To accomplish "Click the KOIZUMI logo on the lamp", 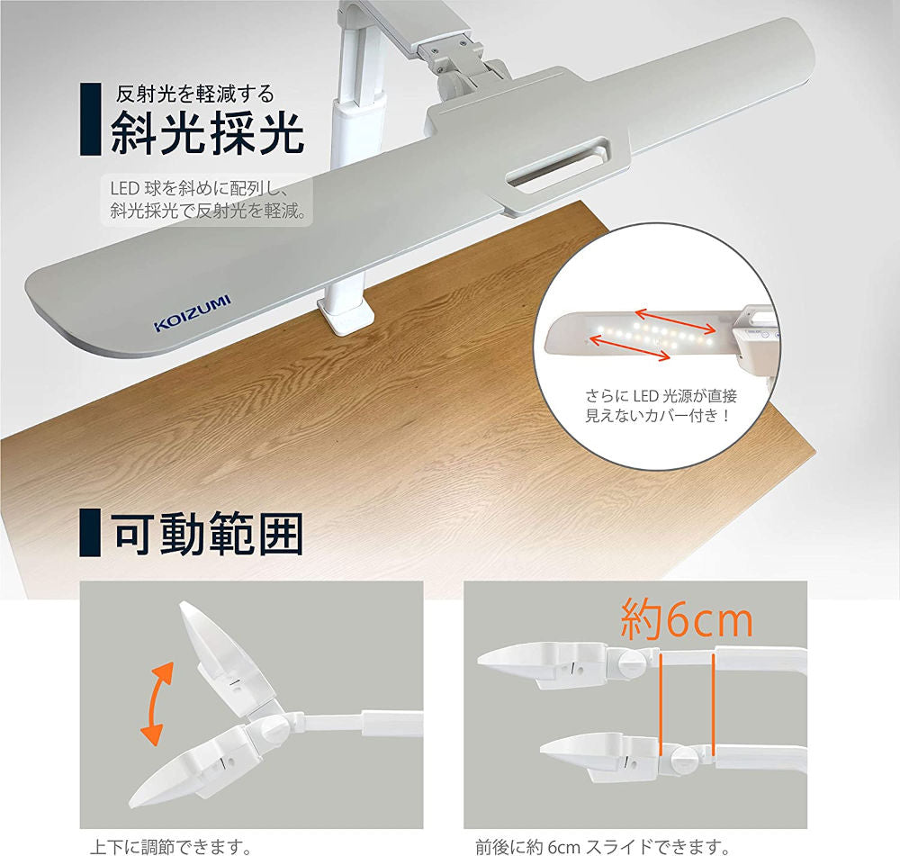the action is [193, 314].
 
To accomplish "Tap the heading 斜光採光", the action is [207, 133].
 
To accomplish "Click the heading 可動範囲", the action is [207, 534].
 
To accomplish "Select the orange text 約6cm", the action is [687, 619].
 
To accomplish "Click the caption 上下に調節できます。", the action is [170, 846].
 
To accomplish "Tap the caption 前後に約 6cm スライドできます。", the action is [603, 846].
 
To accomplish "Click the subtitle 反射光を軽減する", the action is [195, 94].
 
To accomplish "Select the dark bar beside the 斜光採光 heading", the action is [90, 119].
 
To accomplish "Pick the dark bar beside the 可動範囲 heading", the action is [90, 532].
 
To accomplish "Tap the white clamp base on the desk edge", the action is [346, 317].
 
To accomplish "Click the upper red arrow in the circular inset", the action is [675, 321].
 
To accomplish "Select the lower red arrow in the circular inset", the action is [630, 348].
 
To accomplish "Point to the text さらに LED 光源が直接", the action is [661, 396].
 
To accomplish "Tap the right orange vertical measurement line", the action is [713, 701].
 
